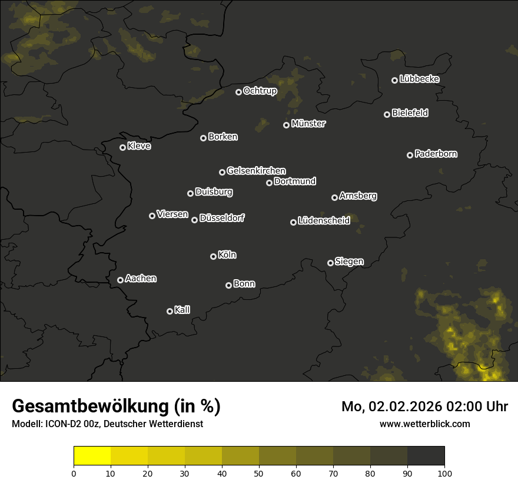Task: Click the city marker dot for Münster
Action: (287, 125)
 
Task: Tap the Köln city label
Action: (227, 255)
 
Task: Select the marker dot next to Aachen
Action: (121, 280)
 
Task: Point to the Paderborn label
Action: (436, 154)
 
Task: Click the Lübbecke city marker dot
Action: (395, 80)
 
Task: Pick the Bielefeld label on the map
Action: (410, 113)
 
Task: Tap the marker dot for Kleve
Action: (123, 147)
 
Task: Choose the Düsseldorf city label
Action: (222, 218)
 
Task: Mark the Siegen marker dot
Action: (330, 263)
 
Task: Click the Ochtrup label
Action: (260, 91)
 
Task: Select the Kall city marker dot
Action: (170, 311)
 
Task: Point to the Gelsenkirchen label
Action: (256, 171)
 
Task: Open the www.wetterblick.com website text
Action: (424, 424)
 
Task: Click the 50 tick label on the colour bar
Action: (259, 473)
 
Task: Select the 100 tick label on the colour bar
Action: (444, 473)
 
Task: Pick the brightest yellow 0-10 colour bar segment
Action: (92, 456)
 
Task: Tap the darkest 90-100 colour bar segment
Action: (426, 456)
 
